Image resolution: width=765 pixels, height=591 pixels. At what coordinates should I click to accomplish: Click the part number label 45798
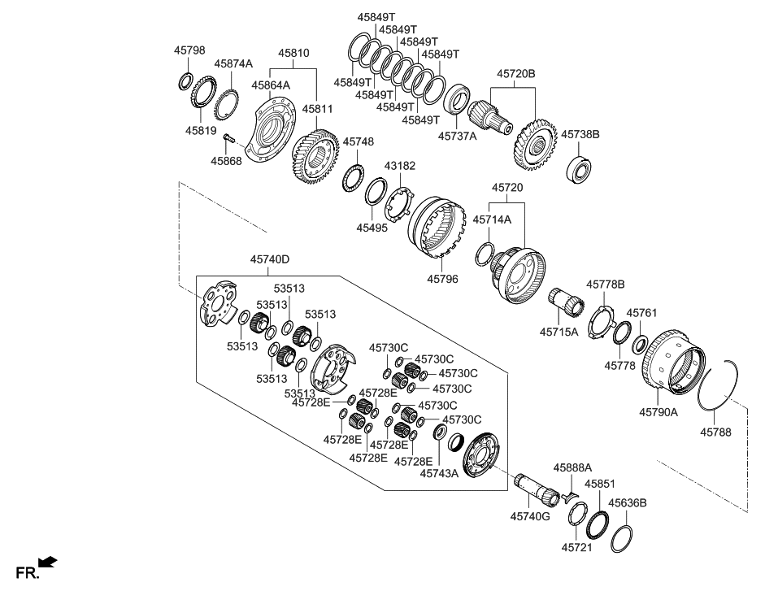(189, 50)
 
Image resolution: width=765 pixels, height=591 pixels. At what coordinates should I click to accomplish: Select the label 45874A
(233, 63)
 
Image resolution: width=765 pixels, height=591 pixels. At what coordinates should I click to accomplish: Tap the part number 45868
(226, 161)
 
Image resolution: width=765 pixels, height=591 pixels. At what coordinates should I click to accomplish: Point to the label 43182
(399, 165)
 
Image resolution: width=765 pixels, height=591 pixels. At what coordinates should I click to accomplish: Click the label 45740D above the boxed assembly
(270, 260)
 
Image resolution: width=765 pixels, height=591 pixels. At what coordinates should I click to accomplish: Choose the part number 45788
(715, 432)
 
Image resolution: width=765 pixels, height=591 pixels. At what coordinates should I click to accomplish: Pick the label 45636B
(628, 503)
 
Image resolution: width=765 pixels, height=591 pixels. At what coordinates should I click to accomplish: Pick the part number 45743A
(439, 473)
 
